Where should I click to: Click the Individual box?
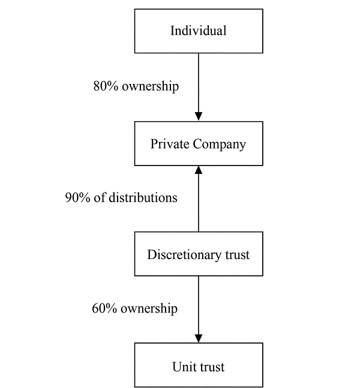click(x=199, y=31)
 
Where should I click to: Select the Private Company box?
click(x=199, y=143)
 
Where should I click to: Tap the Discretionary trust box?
click(x=199, y=254)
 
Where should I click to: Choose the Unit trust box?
click(x=199, y=365)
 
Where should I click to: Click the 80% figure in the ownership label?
click(x=106, y=86)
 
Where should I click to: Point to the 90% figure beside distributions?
click(x=77, y=198)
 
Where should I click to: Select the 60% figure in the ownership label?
click(x=104, y=309)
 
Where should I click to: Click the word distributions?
click(x=143, y=198)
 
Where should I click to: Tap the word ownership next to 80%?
click(x=150, y=86)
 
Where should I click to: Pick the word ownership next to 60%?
click(x=149, y=309)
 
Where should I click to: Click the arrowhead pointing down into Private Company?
click(x=199, y=116)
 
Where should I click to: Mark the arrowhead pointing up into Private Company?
click(x=199, y=170)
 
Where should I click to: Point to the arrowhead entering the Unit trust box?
click(x=199, y=338)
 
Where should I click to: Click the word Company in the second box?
click(x=220, y=144)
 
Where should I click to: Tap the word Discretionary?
click(x=184, y=255)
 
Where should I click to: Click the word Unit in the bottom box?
click(x=183, y=367)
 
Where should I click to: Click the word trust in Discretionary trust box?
click(x=237, y=255)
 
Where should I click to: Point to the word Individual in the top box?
click(x=199, y=31)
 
